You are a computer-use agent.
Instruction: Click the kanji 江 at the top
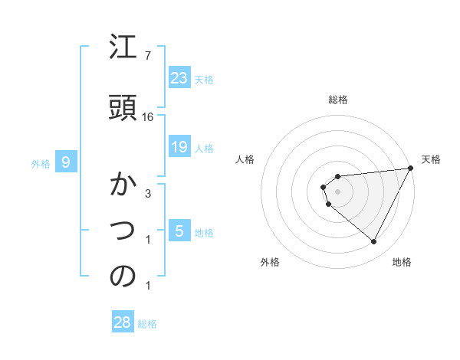click(x=123, y=50)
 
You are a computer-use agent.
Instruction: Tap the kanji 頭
click(x=123, y=106)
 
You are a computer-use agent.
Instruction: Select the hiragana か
click(x=123, y=186)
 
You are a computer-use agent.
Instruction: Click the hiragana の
click(x=123, y=277)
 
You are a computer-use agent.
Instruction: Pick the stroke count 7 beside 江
click(x=148, y=56)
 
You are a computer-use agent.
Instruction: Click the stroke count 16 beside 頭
click(x=148, y=117)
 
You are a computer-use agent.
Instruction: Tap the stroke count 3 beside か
click(x=148, y=194)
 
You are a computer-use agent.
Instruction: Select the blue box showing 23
click(x=179, y=78)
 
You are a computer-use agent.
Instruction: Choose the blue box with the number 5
click(x=179, y=231)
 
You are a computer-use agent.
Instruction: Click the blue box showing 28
click(x=122, y=322)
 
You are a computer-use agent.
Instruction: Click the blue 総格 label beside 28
click(x=147, y=324)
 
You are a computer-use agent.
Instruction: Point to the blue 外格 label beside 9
click(x=41, y=163)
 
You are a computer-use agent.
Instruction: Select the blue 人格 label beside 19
click(x=204, y=148)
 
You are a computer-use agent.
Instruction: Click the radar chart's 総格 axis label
click(x=337, y=100)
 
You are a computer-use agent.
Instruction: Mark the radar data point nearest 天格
click(x=410, y=169)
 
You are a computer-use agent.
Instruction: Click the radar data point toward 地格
click(x=373, y=241)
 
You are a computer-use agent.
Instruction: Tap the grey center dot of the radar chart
click(x=337, y=191)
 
